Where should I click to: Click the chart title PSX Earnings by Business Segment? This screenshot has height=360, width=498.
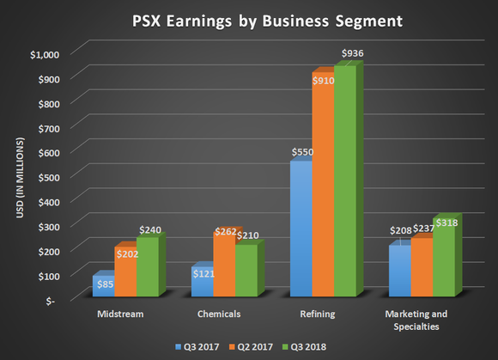pyautogui.click(x=249, y=18)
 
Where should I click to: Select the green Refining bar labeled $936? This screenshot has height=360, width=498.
pyautogui.click(x=344, y=180)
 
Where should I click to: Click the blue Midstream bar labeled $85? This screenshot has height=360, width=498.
pyautogui.click(x=103, y=285)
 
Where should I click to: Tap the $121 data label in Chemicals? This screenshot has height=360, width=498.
pyautogui.click(x=203, y=273)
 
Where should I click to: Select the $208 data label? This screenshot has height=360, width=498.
pyautogui.click(x=399, y=232)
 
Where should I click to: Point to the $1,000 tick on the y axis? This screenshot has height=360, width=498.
pyautogui.click(x=44, y=53)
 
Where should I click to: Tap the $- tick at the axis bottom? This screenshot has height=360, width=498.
pyautogui.click(x=54, y=301)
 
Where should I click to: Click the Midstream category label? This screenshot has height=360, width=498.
pyautogui.click(x=121, y=314)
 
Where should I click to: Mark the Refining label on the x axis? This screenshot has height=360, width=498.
pyautogui.click(x=319, y=314)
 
